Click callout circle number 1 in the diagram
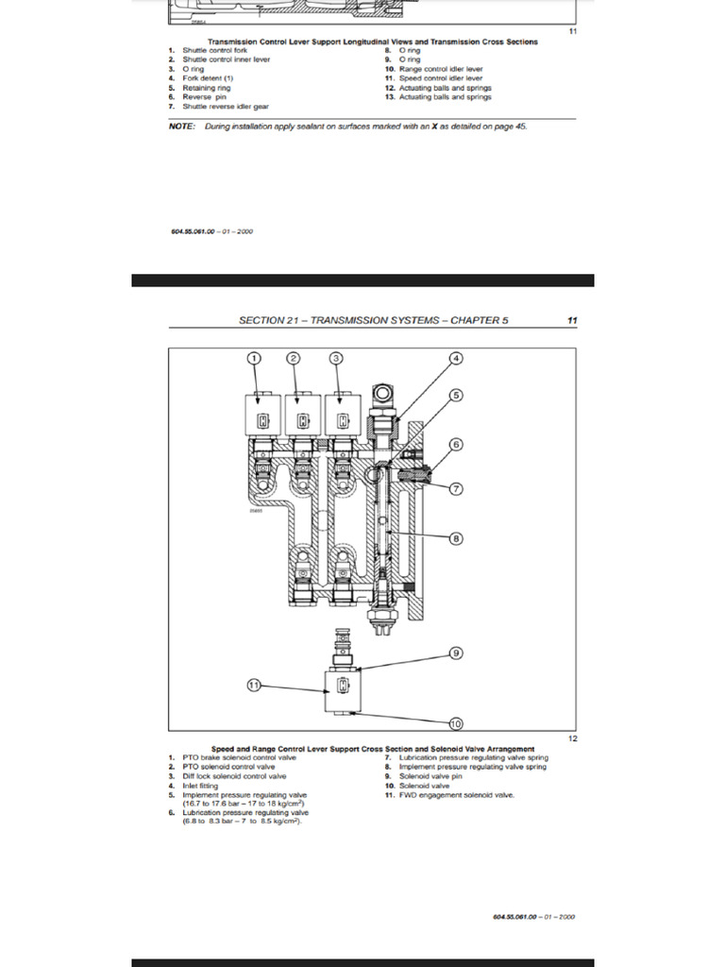point(253,358)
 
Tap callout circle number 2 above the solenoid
point(294,358)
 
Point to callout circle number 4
point(455,358)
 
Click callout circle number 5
point(455,397)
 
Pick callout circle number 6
point(455,444)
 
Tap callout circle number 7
point(455,488)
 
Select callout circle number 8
point(455,538)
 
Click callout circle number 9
point(455,653)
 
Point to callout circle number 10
point(455,723)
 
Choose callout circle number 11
point(253,686)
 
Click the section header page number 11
point(572,320)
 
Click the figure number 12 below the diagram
point(572,738)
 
